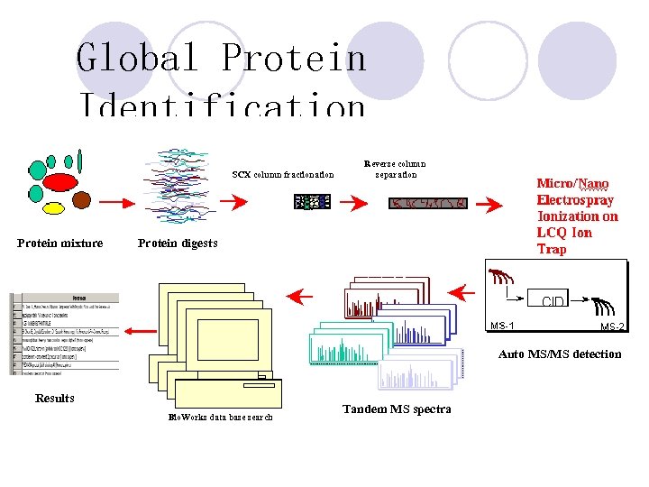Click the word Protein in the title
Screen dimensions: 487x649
(x=294, y=58)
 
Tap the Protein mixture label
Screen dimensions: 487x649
(x=60, y=243)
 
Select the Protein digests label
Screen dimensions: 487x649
(x=178, y=243)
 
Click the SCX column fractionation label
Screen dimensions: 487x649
(x=282, y=174)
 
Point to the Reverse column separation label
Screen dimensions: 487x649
(x=396, y=169)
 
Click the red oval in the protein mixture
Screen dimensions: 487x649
(x=60, y=182)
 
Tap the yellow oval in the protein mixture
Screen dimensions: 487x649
(x=54, y=208)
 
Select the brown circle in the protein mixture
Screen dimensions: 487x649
(x=82, y=199)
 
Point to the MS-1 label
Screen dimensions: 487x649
(x=502, y=326)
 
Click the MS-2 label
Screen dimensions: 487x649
(x=612, y=326)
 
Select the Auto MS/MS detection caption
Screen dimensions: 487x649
(x=560, y=354)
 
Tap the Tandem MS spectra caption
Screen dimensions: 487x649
(x=397, y=409)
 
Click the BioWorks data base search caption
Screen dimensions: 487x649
(x=221, y=417)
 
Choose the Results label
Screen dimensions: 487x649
(x=55, y=398)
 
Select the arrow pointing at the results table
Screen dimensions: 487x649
(x=139, y=331)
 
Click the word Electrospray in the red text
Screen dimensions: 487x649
(x=575, y=200)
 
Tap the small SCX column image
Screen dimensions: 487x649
(x=312, y=202)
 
